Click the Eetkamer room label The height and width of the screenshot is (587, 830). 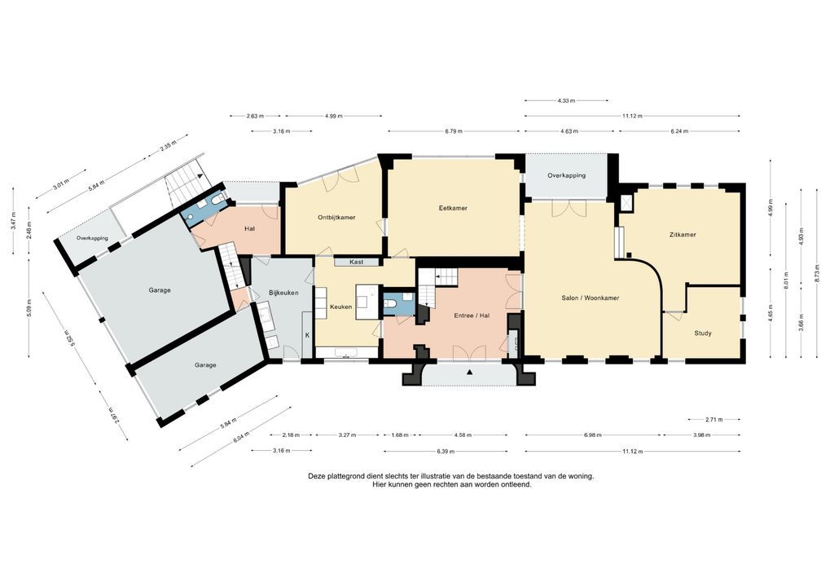[x=453, y=209]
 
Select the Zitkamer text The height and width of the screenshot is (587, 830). [x=682, y=235]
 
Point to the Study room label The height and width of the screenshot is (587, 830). [x=702, y=333]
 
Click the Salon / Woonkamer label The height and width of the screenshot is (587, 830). [x=591, y=298]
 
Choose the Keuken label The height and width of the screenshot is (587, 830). [x=340, y=307]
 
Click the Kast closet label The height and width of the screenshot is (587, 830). [x=356, y=263]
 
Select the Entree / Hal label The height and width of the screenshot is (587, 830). [x=472, y=315]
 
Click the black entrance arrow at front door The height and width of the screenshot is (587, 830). [x=470, y=373]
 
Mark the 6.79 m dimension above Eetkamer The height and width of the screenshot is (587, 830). [x=454, y=131]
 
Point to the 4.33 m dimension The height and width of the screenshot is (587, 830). [x=566, y=101]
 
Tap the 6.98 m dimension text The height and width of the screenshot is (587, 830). [x=592, y=435]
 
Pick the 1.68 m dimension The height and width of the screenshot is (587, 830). [x=399, y=435]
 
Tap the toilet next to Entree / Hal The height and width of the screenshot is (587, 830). [x=392, y=305]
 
